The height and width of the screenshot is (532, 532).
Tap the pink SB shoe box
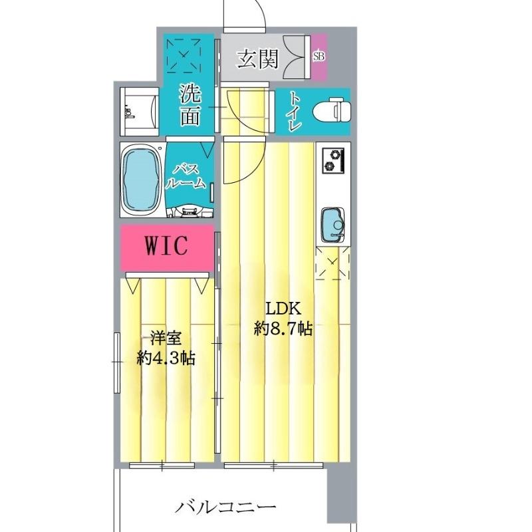coord(319,57)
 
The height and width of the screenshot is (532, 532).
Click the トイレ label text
coord(293,110)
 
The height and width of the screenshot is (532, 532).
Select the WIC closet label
coord(167,247)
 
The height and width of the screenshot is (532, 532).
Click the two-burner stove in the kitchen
coord(332,160)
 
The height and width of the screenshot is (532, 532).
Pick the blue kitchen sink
coord(332,225)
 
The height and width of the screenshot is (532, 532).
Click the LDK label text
coord(284,309)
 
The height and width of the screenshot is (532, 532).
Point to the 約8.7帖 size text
coord(284,329)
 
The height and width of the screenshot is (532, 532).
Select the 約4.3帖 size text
coord(166,358)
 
